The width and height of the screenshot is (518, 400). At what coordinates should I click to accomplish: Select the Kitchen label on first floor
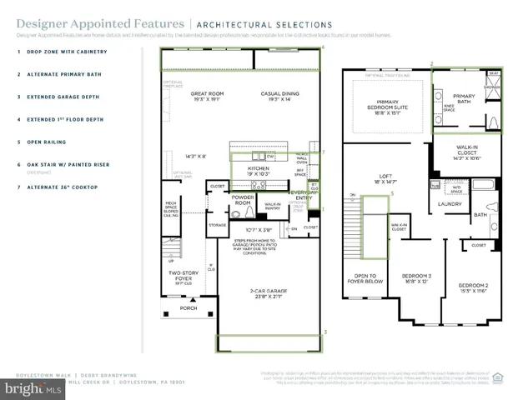coord(258,170)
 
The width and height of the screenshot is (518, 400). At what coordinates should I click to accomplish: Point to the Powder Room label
coord(243,200)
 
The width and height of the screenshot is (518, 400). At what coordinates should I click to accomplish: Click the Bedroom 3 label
coord(415,278)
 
